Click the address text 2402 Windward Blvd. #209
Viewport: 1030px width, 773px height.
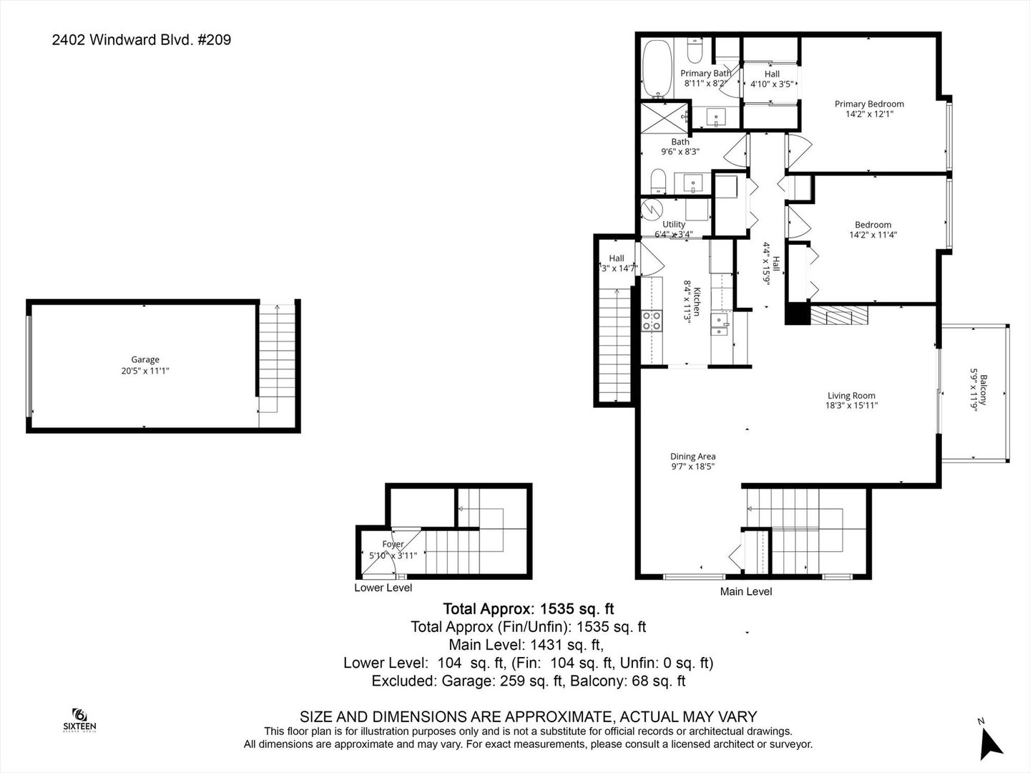(x=141, y=40)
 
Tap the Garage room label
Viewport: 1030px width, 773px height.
(x=145, y=359)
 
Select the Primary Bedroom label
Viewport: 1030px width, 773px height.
(x=869, y=104)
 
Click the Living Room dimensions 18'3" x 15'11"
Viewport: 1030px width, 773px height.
(x=851, y=405)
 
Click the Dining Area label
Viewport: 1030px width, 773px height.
(x=692, y=457)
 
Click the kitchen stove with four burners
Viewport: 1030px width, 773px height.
(x=651, y=320)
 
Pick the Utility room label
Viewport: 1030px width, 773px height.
(x=673, y=224)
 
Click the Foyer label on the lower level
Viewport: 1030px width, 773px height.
(x=393, y=545)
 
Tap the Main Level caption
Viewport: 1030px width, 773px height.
(x=745, y=591)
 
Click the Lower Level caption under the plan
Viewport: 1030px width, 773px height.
(x=383, y=588)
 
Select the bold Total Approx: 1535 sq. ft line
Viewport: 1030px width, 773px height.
(x=529, y=609)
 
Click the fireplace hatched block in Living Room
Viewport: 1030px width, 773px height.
(x=838, y=315)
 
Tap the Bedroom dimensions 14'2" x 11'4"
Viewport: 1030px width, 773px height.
(x=873, y=234)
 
